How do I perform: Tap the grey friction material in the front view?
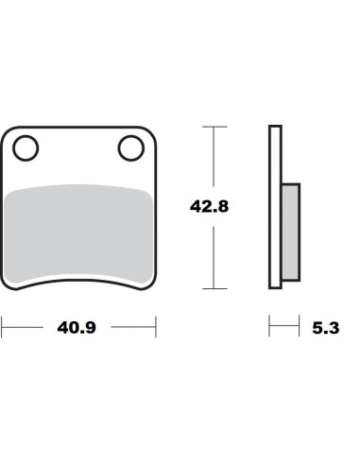(77, 227)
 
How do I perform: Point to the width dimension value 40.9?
(77, 328)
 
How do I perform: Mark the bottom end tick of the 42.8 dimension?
(217, 286)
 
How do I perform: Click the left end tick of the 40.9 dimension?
(4, 328)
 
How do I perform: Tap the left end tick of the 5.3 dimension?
(270, 328)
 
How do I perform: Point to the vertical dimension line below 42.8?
(217, 250)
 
